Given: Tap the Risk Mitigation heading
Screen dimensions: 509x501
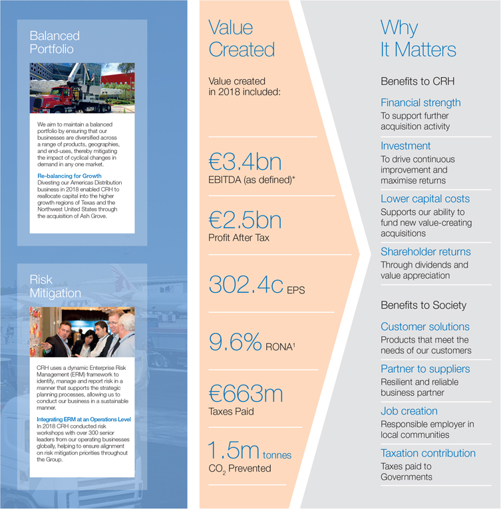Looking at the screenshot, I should pos(55,287).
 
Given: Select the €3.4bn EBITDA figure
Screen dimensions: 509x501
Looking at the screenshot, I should pos(245,162).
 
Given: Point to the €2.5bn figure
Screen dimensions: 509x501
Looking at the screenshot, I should pos(245,220).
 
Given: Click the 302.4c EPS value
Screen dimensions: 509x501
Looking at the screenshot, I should pos(248,284).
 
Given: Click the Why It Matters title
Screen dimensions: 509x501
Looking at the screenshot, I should pos(418,39).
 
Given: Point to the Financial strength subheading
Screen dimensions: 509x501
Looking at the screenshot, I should pos(420,102).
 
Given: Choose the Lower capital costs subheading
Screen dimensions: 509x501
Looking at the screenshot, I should pos(425,199).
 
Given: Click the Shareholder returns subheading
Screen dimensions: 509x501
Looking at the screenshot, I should pos(425,252).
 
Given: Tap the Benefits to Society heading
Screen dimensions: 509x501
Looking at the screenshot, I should pos(423,305).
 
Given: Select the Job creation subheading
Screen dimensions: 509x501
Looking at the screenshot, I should pos(409,411).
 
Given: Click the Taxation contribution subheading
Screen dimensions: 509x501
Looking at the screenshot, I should pos(428,453).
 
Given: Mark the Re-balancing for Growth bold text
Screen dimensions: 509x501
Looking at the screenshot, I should pos(69,176).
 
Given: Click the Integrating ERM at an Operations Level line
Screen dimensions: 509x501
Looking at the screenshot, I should pos(83,419).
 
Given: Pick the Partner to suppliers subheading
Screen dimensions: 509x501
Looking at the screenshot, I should pos(425,369).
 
